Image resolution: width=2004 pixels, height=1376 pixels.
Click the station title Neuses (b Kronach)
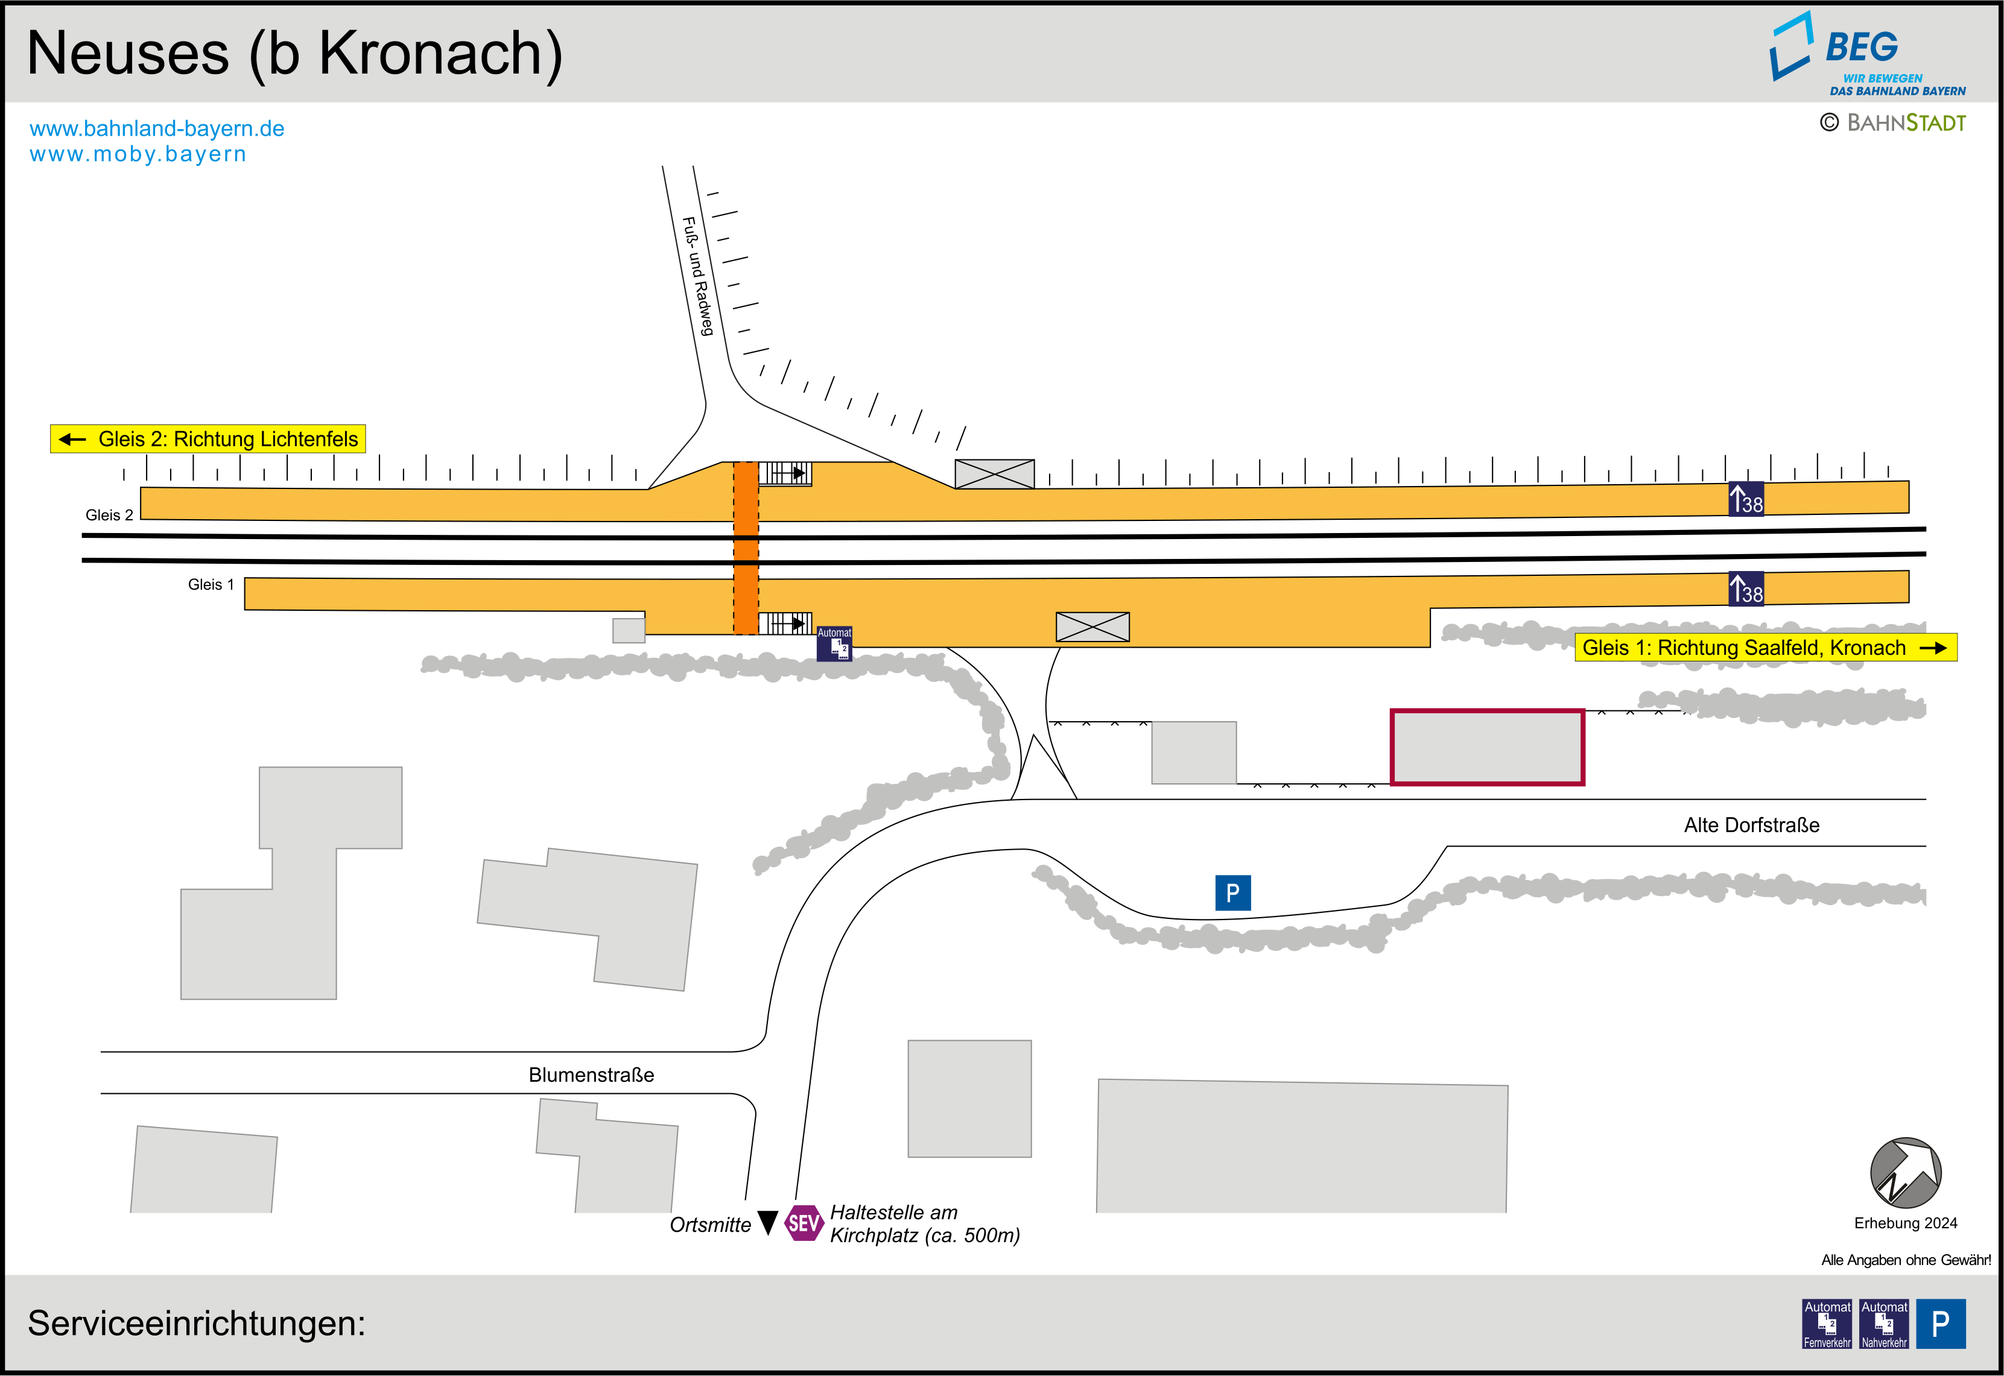point(294,54)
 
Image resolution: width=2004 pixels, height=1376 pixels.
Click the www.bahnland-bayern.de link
point(157,128)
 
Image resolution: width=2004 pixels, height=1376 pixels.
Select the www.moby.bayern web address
point(138,154)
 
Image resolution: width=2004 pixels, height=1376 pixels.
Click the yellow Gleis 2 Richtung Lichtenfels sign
point(208,439)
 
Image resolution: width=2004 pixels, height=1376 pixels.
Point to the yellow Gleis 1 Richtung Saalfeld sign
point(1765,648)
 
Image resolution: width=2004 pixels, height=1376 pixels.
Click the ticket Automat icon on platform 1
point(834,644)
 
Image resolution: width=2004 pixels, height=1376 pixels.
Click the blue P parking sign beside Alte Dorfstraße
point(1232,892)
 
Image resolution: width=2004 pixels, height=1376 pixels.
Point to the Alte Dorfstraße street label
point(1751,825)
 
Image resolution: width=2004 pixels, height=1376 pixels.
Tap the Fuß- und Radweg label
point(697,276)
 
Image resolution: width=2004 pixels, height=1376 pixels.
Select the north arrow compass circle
point(1905,1173)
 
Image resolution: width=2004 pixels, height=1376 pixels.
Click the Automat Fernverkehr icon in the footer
point(1827,1324)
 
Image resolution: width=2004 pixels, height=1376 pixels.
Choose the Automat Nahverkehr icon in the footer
point(1883,1324)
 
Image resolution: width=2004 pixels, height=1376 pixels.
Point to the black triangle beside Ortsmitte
point(767,1222)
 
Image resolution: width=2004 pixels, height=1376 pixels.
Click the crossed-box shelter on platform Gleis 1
point(1092,626)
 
